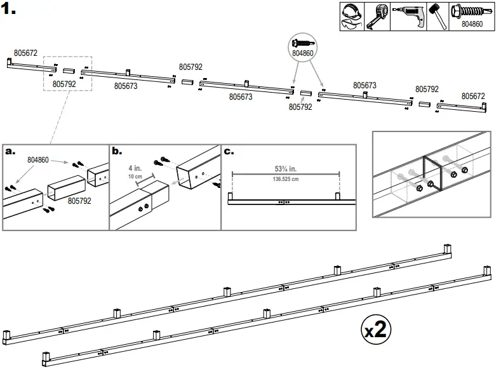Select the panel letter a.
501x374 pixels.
click(10, 151)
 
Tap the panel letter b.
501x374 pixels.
click(116, 151)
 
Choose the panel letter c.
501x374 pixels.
click(228, 151)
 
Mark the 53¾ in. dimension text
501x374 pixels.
click(285, 168)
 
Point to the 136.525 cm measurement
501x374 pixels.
click(285, 178)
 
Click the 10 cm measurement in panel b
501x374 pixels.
click(135, 176)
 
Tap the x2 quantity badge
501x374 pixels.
click(375, 330)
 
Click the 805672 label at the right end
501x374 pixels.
click(473, 97)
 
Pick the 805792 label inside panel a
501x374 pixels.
click(81, 201)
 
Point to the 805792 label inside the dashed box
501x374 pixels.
click(64, 83)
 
